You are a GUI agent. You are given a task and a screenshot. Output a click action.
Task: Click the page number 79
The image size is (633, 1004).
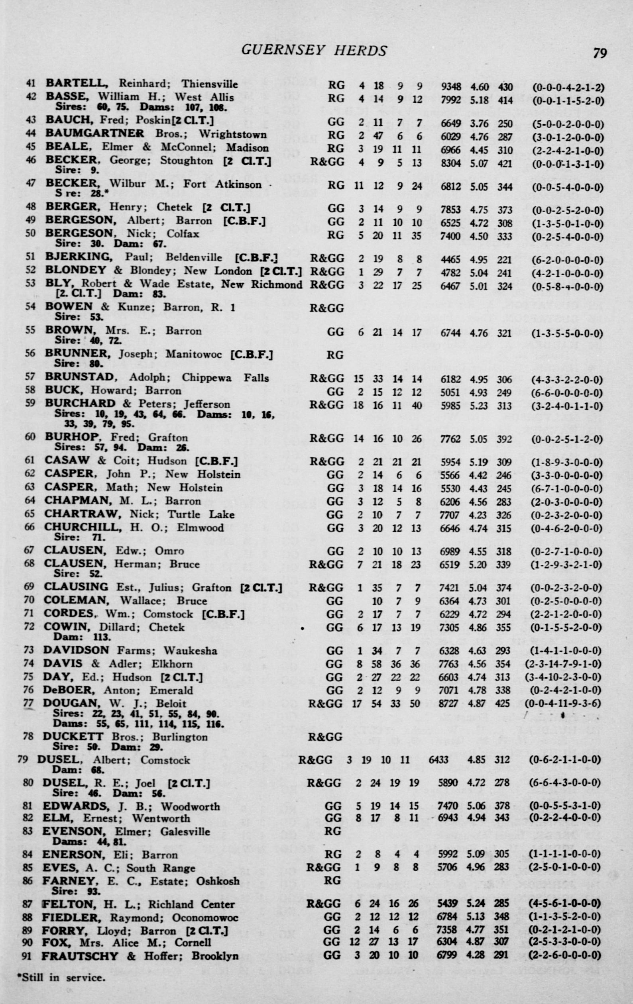pyautogui.click(x=600, y=53)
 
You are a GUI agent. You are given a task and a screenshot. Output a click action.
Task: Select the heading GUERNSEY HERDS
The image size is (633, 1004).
pyautogui.click(x=314, y=51)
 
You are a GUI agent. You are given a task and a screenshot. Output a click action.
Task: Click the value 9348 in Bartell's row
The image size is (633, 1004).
pyautogui.click(x=451, y=87)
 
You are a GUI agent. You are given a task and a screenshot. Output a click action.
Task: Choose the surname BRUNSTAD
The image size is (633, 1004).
pyautogui.click(x=79, y=377)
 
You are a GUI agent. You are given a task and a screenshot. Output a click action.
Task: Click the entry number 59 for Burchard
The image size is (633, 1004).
pyautogui.click(x=30, y=404)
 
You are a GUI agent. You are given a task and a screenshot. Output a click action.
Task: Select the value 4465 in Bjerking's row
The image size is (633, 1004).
pyautogui.click(x=451, y=260)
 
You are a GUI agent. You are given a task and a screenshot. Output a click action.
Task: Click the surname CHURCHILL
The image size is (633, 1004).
pyautogui.click(x=83, y=527)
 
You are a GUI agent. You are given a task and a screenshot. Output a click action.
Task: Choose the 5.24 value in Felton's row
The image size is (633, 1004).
pyautogui.click(x=478, y=904)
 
